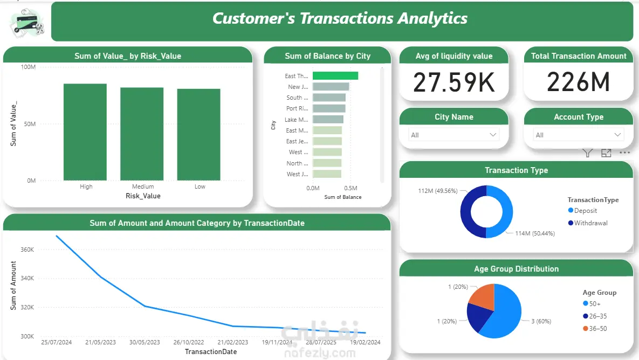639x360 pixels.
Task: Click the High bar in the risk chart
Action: coord(85,132)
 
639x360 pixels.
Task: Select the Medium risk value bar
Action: coord(142,134)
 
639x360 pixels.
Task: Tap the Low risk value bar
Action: coord(198,135)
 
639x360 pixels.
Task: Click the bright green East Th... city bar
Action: coord(335,76)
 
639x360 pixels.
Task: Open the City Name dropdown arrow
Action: coord(493,135)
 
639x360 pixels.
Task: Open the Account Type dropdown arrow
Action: coord(618,135)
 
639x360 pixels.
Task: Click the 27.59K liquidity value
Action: coord(454,82)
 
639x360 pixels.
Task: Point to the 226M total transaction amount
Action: coord(578,82)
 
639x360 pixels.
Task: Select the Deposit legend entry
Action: coord(585,211)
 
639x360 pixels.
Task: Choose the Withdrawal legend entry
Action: coord(590,223)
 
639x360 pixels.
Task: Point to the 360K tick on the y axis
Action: coord(28,250)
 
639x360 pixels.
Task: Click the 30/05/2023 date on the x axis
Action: coord(145,342)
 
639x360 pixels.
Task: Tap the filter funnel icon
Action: coord(588,153)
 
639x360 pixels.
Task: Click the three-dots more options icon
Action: coord(624,153)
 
